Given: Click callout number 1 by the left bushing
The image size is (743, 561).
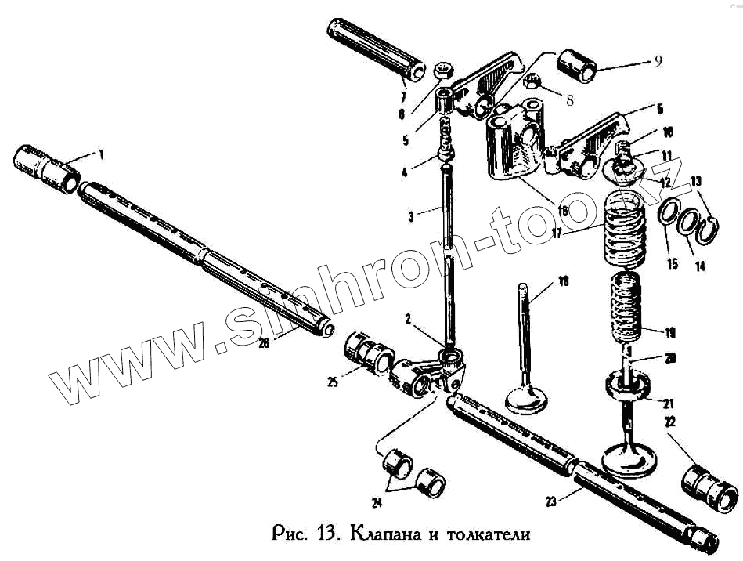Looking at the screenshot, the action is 100,155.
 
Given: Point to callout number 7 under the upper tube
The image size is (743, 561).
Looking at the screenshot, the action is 402,98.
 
